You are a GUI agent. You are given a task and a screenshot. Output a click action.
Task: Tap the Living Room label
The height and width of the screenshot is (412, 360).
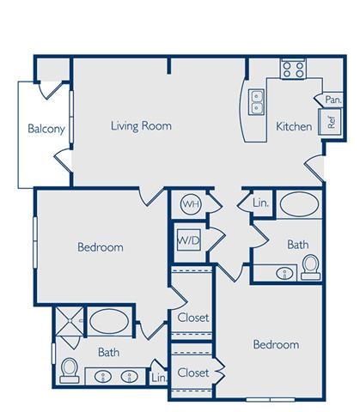[x=141, y=126]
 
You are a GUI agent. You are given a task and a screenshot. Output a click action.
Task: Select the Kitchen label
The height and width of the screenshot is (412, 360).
[x=293, y=127]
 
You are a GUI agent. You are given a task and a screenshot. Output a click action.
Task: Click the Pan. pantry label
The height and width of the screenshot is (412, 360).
[x=333, y=100]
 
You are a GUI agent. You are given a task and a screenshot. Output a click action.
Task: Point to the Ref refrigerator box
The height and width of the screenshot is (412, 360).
[x=331, y=121]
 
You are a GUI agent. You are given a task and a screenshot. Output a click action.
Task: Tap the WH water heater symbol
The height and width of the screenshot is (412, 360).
[x=190, y=204]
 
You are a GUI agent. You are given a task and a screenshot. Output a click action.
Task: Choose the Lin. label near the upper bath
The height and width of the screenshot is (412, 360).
[x=260, y=203]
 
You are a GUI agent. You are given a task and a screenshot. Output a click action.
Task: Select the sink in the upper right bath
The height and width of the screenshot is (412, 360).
[x=284, y=274]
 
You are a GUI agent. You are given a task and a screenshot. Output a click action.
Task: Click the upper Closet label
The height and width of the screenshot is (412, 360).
[x=193, y=318]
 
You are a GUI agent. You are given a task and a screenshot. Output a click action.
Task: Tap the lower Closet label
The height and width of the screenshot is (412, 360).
[x=193, y=373]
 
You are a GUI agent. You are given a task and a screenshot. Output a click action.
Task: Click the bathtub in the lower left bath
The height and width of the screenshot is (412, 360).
[x=109, y=323]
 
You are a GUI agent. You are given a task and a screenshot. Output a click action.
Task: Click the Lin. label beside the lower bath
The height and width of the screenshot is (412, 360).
[x=158, y=376]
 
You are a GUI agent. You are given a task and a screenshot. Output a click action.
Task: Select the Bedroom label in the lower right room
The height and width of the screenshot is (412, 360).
[x=276, y=345]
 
